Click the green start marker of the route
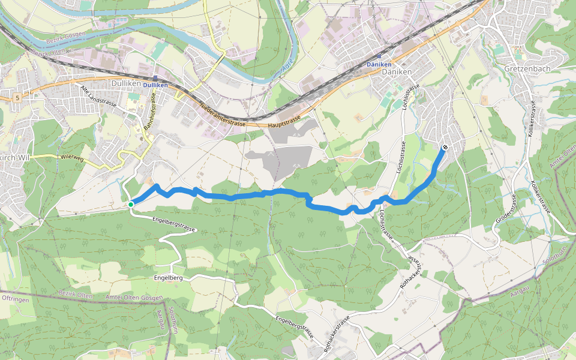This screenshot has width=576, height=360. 131,205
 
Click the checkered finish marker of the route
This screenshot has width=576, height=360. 445,147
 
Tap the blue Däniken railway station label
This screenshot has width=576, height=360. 379,64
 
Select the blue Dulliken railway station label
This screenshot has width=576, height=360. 155,85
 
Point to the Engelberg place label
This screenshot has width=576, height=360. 168,278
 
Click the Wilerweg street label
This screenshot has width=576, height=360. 71,158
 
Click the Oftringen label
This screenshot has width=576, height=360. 16,298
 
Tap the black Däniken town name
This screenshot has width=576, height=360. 397,71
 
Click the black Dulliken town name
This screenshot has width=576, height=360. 125,84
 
